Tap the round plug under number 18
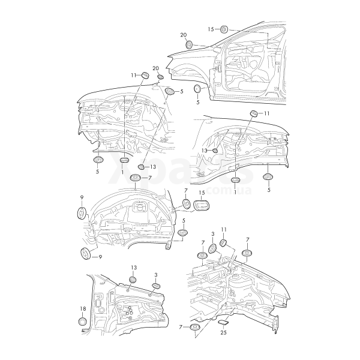[x=83, y=325]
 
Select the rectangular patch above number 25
[x=223, y=323]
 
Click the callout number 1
[x=123, y=172]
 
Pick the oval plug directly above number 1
[x=124, y=161]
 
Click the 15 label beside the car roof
[x=211, y=29]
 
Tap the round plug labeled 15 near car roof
[x=224, y=29]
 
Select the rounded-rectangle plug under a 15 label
[x=203, y=206]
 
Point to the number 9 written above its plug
[x=82, y=197]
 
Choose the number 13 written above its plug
[x=134, y=267]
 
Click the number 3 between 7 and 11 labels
[x=213, y=233]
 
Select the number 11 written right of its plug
[x=267, y=113]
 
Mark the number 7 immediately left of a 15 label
[x=186, y=191]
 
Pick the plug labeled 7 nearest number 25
[x=195, y=328]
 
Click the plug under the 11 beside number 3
[x=223, y=243]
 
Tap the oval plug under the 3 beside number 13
[x=155, y=286]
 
